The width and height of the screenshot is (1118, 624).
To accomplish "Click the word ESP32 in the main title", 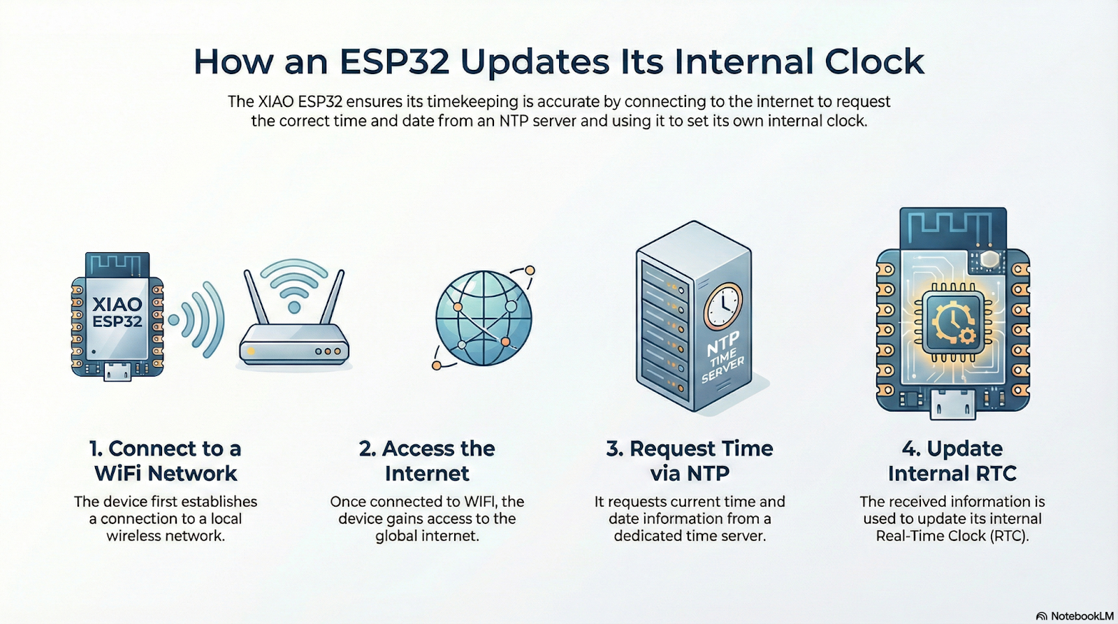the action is [x=395, y=62].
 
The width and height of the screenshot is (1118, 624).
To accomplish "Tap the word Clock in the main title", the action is [x=874, y=62].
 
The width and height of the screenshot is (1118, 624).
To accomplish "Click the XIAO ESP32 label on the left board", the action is [x=117, y=312].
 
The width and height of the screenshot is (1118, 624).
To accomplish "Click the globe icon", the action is [x=483, y=318].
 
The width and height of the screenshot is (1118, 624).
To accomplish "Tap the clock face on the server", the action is [x=723, y=306].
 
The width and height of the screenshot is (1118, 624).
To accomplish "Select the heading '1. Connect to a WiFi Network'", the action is [x=165, y=460].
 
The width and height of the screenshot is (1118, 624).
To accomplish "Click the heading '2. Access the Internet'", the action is [x=427, y=460].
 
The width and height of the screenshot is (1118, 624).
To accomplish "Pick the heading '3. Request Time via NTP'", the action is [x=689, y=460].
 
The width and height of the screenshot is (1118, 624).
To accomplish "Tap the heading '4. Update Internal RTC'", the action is [x=952, y=460].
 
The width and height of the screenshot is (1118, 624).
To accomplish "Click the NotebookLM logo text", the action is [x=1082, y=616].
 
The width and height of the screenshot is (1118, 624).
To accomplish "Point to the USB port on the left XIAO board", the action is [x=118, y=372].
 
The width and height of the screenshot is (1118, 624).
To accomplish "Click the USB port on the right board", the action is [x=953, y=405].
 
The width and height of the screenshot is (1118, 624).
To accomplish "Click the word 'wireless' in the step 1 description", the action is [x=136, y=536].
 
